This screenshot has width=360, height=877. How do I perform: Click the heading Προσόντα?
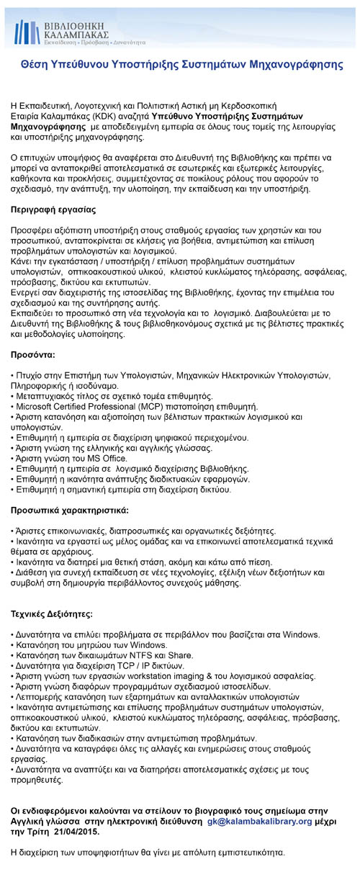pos(33,355)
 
